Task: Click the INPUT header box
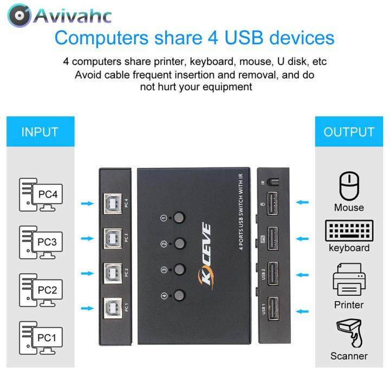pyautogui.click(x=40, y=132)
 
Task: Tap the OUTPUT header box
pyautogui.click(x=349, y=132)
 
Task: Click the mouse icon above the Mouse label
pyautogui.click(x=349, y=186)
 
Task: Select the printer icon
pyautogui.click(x=349, y=279)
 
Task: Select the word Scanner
pyautogui.click(x=349, y=356)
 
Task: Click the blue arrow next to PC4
pyautogui.click(x=87, y=204)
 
